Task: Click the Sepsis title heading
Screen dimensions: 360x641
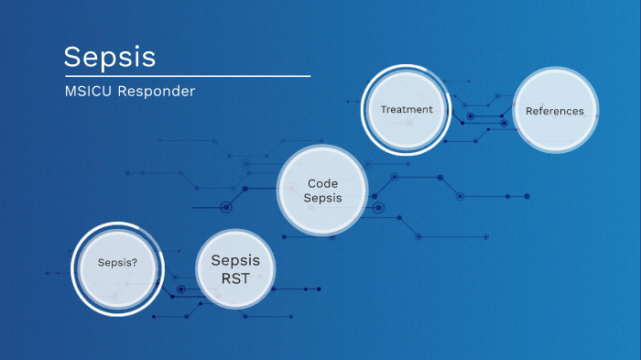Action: (109, 57)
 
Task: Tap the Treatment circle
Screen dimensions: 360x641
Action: (407, 110)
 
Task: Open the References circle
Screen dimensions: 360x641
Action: (554, 111)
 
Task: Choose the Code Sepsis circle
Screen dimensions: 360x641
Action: (323, 191)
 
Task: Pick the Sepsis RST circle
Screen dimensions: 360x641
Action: (235, 267)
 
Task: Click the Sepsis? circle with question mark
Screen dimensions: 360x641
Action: (118, 263)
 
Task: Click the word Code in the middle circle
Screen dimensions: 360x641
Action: (323, 183)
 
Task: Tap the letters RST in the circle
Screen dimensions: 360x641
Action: (235, 277)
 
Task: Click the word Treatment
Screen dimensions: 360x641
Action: (407, 110)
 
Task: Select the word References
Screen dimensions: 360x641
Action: (554, 111)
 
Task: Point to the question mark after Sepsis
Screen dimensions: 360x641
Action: (136, 263)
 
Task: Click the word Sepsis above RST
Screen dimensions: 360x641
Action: (235, 260)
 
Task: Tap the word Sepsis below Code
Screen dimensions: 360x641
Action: (323, 198)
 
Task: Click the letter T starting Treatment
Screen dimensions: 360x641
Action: (384, 110)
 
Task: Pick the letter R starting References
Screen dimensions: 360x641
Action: (528, 111)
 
